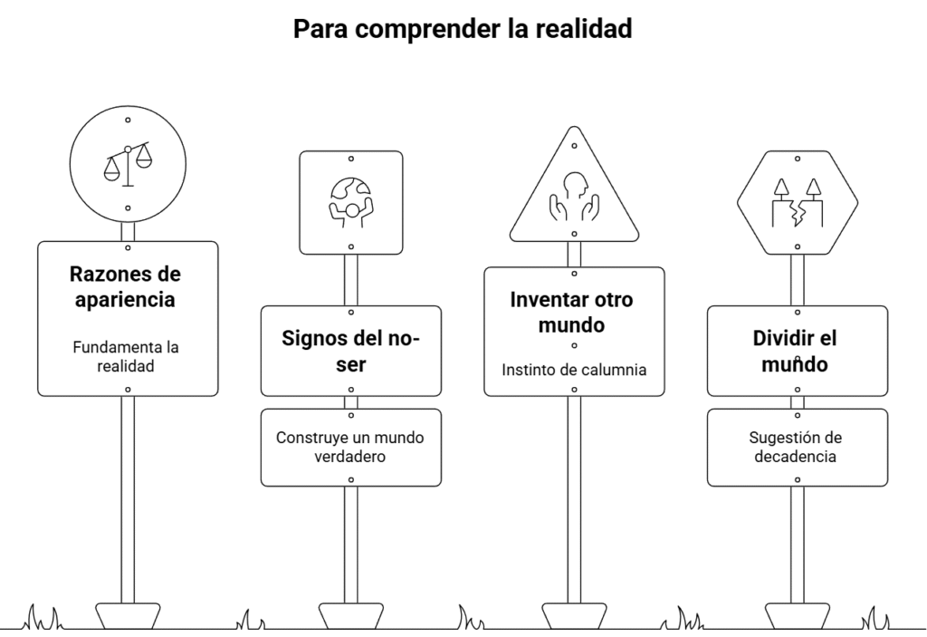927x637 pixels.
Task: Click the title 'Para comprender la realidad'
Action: tap(463, 29)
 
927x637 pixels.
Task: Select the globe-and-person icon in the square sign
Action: tap(351, 202)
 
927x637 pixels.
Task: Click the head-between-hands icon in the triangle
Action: tap(574, 197)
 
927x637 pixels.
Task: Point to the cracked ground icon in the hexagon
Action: tap(798, 203)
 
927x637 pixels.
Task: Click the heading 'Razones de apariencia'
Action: tap(125, 286)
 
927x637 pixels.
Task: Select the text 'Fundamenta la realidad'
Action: tap(126, 356)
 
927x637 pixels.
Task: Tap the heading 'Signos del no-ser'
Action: tap(350, 351)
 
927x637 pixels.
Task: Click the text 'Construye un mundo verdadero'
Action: tap(350, 447)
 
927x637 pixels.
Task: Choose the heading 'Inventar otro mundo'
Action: tap(572, 312)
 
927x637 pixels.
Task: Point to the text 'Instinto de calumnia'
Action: tap(574, 370)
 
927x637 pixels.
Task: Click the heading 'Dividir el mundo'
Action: tap(795, 351)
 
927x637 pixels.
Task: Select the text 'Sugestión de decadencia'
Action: tap(795, 447)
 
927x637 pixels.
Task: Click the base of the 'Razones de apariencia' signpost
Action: tap(128, 615)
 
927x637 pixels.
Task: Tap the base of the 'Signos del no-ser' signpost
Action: tap(351, 615)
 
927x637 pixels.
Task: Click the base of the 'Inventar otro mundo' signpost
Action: tap(574, 615)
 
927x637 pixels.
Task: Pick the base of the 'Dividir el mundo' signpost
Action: tap(798, 615)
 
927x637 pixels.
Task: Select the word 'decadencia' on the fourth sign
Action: tap(795, 457)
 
